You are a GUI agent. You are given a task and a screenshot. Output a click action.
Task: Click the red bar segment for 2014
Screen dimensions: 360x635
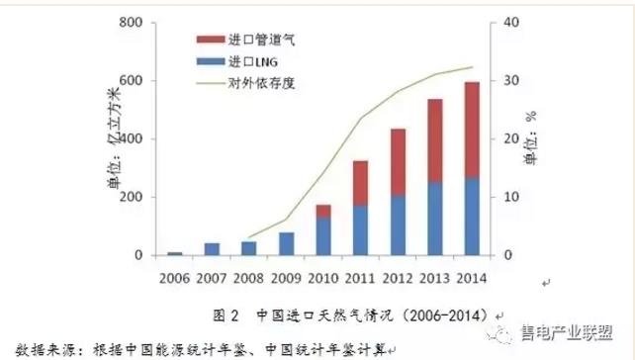(472, 130)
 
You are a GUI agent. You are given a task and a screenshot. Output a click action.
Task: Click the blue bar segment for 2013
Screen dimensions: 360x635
(436, 218)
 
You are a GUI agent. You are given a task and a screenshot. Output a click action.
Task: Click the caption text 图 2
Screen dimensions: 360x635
(227, 316)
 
